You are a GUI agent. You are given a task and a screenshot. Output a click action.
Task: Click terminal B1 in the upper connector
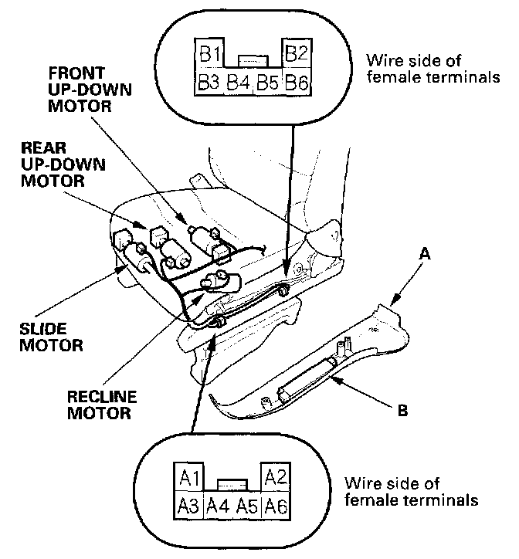[212, 56]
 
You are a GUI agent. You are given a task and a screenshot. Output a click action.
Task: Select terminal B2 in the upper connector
[297, 56]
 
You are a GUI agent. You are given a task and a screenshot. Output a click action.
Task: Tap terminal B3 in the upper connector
[210, 83]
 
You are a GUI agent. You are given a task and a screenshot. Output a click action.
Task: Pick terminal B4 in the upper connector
[239, 83]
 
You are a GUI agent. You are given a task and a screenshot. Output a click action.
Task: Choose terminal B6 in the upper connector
[297, 83]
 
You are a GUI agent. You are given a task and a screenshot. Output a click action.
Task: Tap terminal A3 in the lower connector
[189, 506]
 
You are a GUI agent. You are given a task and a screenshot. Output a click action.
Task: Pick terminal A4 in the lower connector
[219, 506]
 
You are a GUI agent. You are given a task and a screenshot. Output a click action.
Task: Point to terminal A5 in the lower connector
[247, 506]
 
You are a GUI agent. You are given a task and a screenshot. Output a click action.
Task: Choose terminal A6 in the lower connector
[276, 506]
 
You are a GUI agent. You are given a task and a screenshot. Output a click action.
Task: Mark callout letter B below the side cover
[402, 411]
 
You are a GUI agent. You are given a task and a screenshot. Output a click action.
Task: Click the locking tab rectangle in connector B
[253, 59]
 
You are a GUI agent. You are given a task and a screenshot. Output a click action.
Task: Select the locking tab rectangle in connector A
[232, 483]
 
